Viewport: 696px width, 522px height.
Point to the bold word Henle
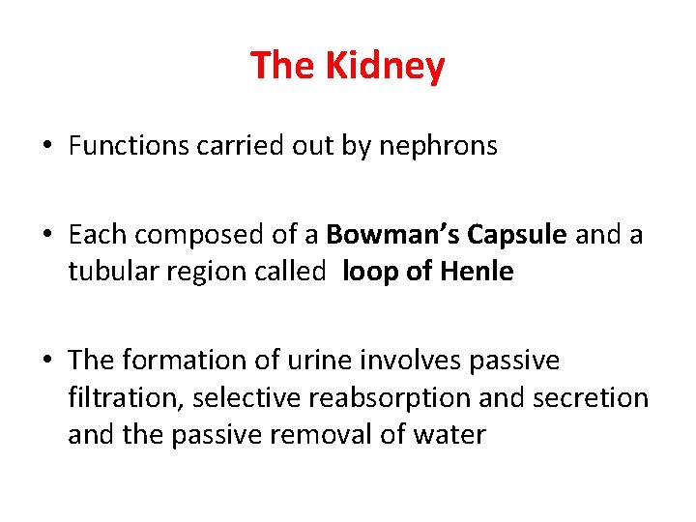[x=476, y=272]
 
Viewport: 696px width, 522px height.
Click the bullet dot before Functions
[x=47, y=147]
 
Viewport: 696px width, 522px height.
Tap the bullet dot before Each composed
[x=47, y=236]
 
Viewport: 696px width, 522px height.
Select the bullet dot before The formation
[x=47, y=362]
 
